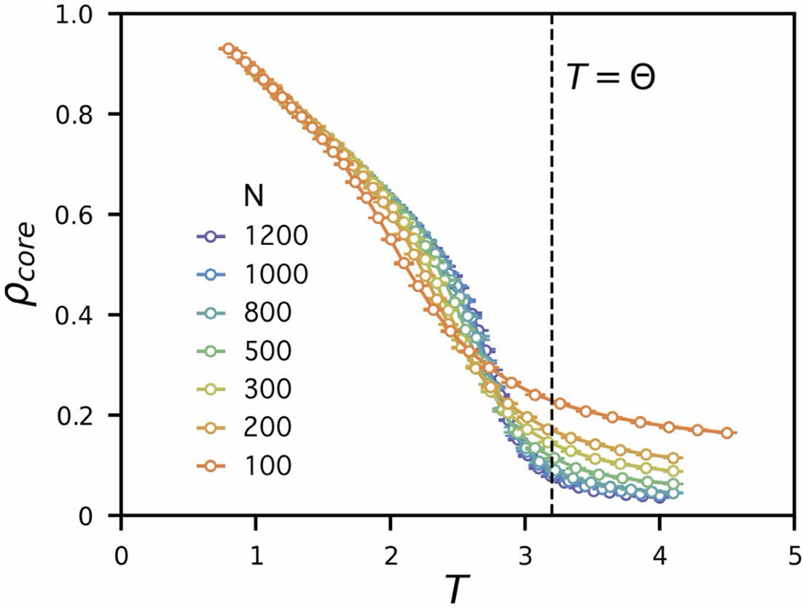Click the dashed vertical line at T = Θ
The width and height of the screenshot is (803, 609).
[552, 291]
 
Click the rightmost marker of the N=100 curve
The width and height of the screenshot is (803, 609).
[726, 433]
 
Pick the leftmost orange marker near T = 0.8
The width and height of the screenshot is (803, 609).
[229, 49]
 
